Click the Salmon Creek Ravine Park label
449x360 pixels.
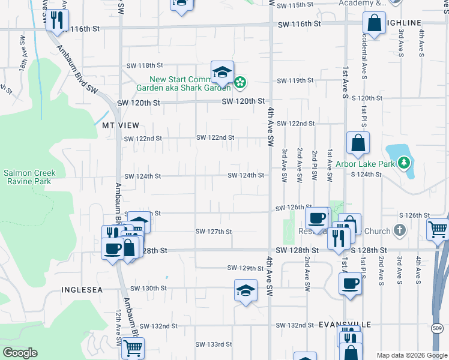(29, 177)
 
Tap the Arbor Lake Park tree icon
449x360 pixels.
(405, 162)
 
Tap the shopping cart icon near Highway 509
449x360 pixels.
(438, 228)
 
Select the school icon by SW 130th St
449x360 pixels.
(245, 291)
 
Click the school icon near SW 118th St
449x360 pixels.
(222, 72)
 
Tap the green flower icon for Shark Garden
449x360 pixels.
(240, 82)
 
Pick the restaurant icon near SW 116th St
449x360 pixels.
(57, 20)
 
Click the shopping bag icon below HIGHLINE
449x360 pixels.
(373, 24)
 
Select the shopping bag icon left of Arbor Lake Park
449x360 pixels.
(358, 143)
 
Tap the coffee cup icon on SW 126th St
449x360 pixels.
(316, 217)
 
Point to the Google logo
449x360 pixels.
(20, 353)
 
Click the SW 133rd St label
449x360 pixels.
(214, 344)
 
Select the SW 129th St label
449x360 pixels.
(246, 268)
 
